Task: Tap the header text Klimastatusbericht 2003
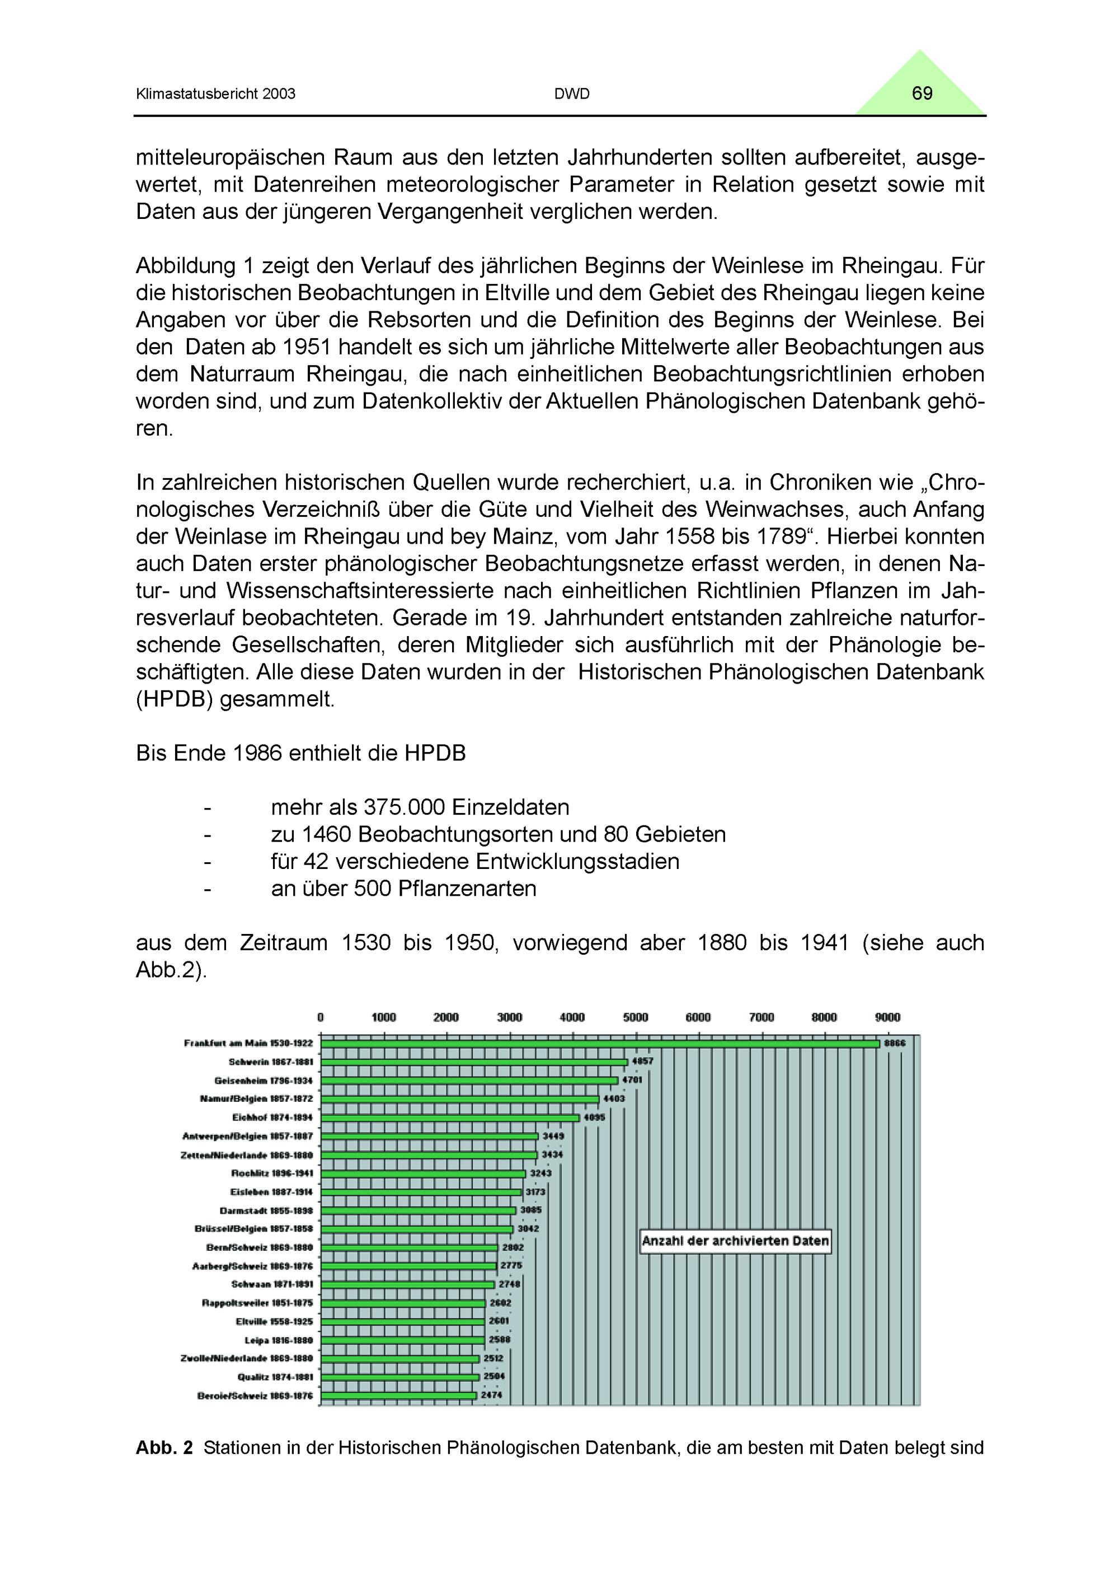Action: [216, 94]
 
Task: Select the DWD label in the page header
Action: [572, 94]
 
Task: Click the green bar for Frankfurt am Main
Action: [600, 1043]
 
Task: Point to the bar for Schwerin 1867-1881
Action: [474, 1062]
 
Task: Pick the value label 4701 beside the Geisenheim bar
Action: [632, 1080]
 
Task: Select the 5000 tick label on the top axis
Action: [635, 1017]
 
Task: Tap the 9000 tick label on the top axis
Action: [887, 1017]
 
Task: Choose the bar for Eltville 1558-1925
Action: [403, 1321]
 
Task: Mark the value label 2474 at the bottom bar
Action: [492, 1395]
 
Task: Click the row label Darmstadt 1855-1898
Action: [266, 1210]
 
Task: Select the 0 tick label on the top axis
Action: [321, 1017]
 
